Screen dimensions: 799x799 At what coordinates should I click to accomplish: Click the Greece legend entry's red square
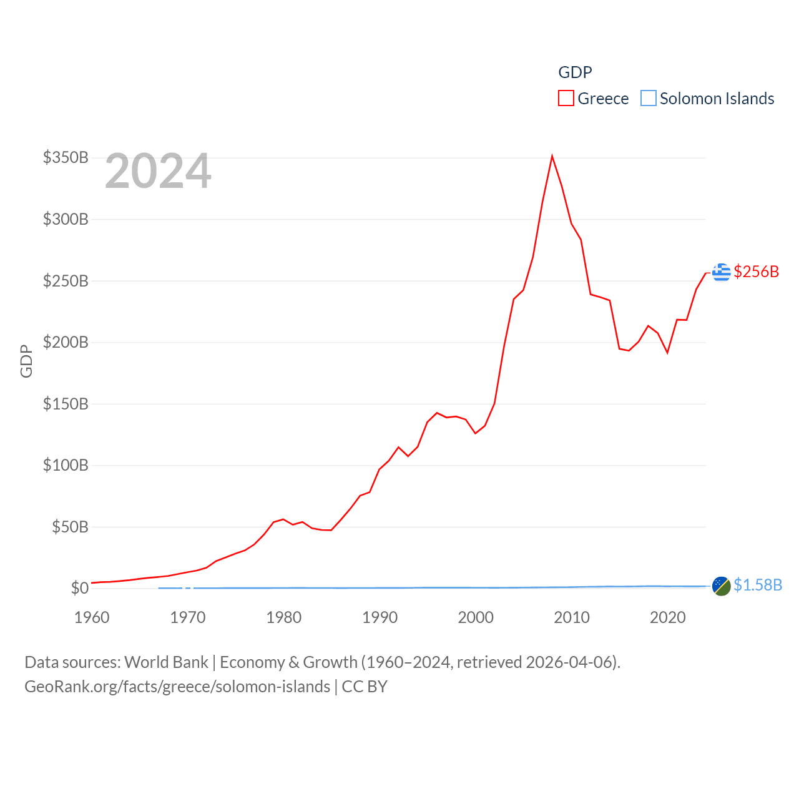coord(566,99)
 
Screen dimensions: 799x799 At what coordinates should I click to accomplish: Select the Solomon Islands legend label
coord(717,99)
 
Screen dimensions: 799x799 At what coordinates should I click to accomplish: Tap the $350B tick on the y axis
coord(66,157)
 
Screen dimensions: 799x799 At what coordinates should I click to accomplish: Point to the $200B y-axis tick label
coord(66,342)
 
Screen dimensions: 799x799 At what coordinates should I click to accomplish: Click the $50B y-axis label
coord(70,527)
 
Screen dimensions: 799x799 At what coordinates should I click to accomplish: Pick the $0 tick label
coord(79,588)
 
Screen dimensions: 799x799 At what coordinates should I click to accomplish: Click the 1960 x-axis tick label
coord(92,617)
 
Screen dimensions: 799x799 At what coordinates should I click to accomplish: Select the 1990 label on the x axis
coord(380,617)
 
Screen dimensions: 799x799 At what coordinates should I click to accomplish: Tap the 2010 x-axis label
coord(572,617)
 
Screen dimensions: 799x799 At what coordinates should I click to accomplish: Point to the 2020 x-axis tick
coord(668,617)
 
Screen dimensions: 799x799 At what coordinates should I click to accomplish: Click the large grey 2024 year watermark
coord(158,171)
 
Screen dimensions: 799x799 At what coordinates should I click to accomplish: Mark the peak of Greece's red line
coord(552,156)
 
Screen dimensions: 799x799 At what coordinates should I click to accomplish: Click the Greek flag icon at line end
coord(721,272)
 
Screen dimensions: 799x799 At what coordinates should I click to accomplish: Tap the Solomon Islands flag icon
coord(721,586)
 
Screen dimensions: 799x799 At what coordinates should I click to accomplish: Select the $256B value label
coord(757,272)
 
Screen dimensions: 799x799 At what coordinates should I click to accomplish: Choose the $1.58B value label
coord(758,585)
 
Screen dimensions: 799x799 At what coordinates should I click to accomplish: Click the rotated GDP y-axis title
coord(26,361)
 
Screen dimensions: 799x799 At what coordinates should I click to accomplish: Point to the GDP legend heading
coord(575,72)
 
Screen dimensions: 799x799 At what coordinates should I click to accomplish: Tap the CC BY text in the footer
coord(365,687)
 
